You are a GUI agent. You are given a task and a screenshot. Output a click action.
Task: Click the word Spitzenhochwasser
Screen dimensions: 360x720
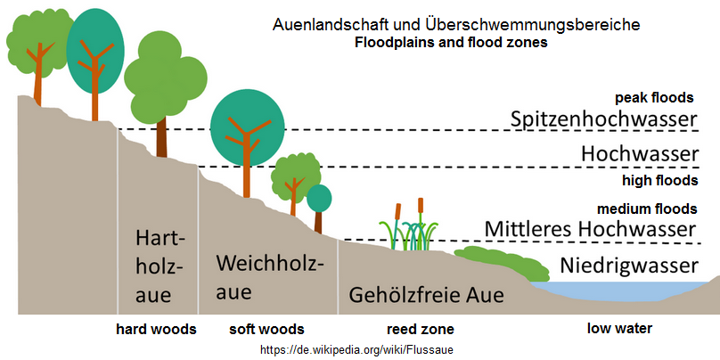coord(603,119)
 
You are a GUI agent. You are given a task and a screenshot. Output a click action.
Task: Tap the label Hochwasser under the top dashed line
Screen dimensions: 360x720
coord(639,153)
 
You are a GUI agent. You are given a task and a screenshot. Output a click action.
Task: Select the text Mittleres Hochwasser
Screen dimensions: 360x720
coord(589,229)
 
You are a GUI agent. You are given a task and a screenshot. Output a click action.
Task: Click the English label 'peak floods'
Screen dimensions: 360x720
coord(654,98)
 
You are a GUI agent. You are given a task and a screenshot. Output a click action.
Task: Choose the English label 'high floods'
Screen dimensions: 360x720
coord(659,181)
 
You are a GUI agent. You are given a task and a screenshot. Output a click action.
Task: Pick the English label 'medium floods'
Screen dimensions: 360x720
coord(646,209)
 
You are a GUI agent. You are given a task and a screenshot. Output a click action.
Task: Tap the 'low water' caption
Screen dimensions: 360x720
coord(619,329)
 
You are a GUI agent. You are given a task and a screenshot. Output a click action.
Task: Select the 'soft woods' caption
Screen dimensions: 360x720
coord(267,329)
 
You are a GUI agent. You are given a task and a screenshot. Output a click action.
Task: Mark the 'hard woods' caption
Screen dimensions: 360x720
coord(156,329)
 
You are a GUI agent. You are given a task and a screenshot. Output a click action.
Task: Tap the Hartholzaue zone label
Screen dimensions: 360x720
coord(160,266)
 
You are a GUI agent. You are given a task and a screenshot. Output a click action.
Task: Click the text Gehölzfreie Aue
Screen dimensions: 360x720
coord(426,294)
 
